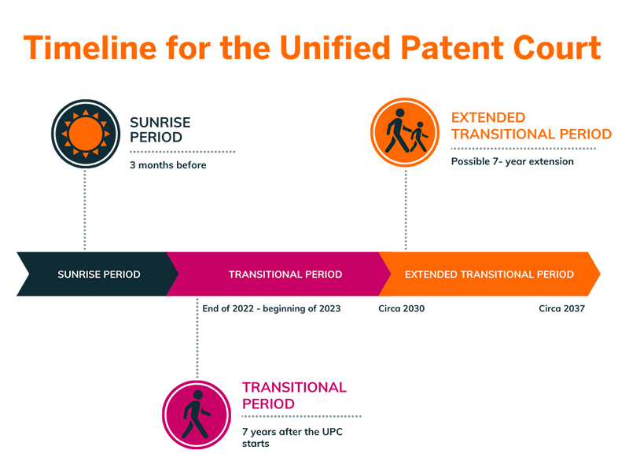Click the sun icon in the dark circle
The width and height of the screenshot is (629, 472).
[x=86, y=134]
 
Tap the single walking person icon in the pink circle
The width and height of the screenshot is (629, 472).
[x=196, y=415]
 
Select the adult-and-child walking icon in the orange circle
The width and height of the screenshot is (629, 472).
[x=406, y=131]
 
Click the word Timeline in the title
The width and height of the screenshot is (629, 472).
[x=90, y=48]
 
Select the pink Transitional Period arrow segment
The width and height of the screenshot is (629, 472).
[x=279, y=274]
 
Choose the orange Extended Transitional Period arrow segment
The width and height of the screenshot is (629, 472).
[x=489, y=274]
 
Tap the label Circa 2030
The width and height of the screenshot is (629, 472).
[x=401, y=308]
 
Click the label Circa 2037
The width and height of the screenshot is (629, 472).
[x=561, y=308]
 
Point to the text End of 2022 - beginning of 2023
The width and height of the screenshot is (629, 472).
[x=271, y=308]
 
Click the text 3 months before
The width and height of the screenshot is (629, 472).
[x=167, y=165]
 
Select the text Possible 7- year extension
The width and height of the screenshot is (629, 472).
[x=513, y=161]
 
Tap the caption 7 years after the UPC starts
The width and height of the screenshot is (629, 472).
[x=292, y=437]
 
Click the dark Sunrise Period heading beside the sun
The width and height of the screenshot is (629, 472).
[x=160, y=130]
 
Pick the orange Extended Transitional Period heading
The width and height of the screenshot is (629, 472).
[x=532, y=126]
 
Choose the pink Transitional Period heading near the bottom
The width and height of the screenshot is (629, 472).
[x=294, y=396]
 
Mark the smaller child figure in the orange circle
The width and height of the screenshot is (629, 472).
[x=419, y=136]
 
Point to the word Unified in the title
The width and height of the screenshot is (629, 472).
[x=336, y=48]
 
